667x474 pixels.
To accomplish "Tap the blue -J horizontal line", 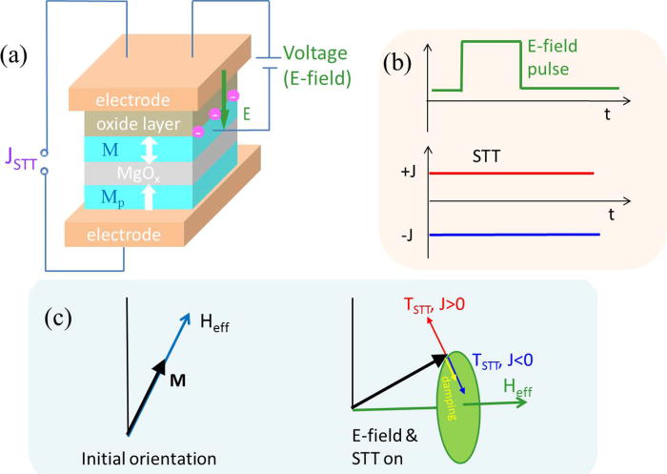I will click(x=514, y=234).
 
